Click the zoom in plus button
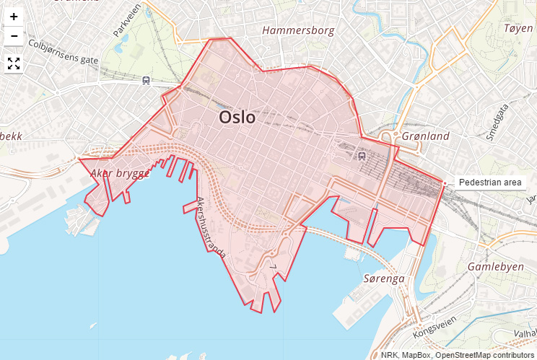[14, 17]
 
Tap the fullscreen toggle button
[14, 63]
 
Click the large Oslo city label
[237, 117]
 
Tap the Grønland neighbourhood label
[425, 136]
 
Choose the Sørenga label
[384, 278]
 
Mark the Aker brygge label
[120, 173]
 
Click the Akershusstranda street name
[211, 228]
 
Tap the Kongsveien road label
[435, 328]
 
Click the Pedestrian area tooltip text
[489, 183]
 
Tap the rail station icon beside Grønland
[362, 154]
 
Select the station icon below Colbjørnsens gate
[147, 80]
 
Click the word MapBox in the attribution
[416, 355]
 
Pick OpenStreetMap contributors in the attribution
[484, 355]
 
